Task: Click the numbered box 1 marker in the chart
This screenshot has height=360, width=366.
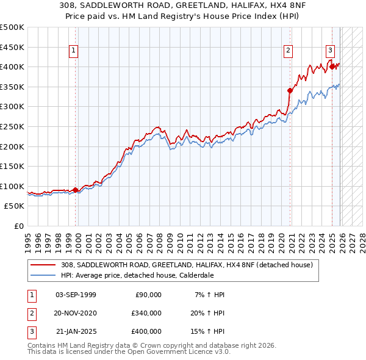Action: coord(73,51)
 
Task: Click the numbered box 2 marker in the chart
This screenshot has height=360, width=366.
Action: coord(288,51)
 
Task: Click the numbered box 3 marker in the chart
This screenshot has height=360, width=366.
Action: coord(330,51)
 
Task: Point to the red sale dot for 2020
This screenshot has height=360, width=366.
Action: coord(290,90)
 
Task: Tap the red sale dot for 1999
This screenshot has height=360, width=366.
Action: coord(76,190)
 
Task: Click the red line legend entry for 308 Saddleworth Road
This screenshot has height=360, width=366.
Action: coord(187,265)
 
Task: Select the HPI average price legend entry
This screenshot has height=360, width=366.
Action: coord(137,275)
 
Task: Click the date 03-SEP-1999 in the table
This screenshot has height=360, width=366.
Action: coord(76,295)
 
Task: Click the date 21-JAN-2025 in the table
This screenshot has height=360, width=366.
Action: coord(76,331)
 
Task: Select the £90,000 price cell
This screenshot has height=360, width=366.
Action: coord(147,295)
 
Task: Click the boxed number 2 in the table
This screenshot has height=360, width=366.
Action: coord(30,313)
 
